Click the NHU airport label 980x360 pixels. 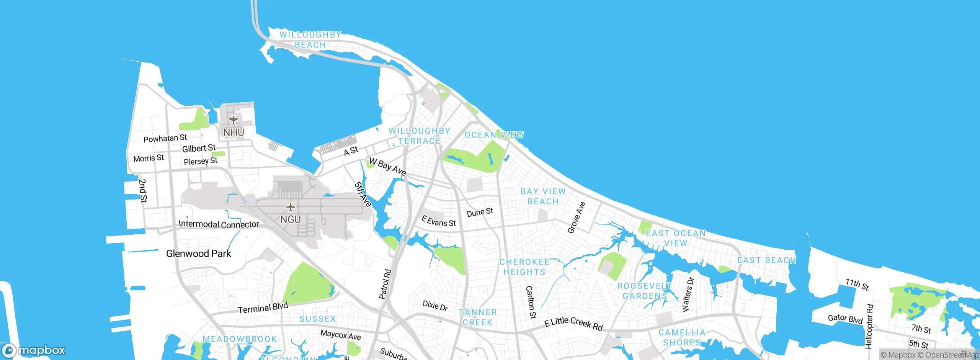pyautogui.click(x=234, y=133)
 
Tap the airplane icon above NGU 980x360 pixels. pyautogui.click(x=291, y=208)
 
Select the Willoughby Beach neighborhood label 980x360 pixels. pyautogui.click(x=310, y=40)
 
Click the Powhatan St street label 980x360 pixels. pyautogui.click(x=165, y=138)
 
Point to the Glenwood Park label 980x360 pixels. pyautogui.click(x=198, y=254)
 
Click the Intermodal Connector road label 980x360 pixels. pyautogui.click(x=219, y=224)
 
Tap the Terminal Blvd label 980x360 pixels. pyautogui.click(x=263, y=308)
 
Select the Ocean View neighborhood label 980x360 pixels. pyautogui.click(x=494, y=135)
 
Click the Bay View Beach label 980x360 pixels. pyautogui.click(x=543, y=196)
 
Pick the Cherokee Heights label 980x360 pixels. pyautogui.click(x=524, y=267)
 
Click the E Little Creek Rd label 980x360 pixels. pyautogui.click(x=573, y=323)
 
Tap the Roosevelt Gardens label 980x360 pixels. pyautogui.click(x=645, y=291)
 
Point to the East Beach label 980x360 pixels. pyautogui.click(x=766, y=260)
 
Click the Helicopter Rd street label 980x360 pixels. pyautogui.click(x=869, y=326)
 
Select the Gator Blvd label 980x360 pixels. pyautogui.click(x=845, y=319)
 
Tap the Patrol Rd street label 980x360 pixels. pyautogui.click(x=385, y=284)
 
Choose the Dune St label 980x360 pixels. pyautogui.click(x=480, y=213)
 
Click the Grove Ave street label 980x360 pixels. pyautogui.click(x=577, y=218)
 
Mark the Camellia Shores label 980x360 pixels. pyautogui.click(x=681, y=337)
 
